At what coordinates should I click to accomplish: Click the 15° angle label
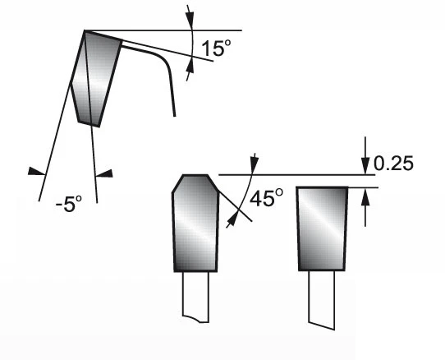[x=216, y=48]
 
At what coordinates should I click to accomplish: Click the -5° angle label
[x=69, y=204]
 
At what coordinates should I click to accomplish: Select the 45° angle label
[x=266, y=197]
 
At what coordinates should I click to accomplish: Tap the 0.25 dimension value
[x=393, y=164]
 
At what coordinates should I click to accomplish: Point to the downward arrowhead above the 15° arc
[x=190, y=20]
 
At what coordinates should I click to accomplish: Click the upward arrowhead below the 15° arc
[x=190, y=65]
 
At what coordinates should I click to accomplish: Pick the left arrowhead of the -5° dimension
[x=37, y=171]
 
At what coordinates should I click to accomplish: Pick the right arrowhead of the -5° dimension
[x=104, y=173]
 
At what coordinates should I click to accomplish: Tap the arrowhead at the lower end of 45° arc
[x=232, y=220]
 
